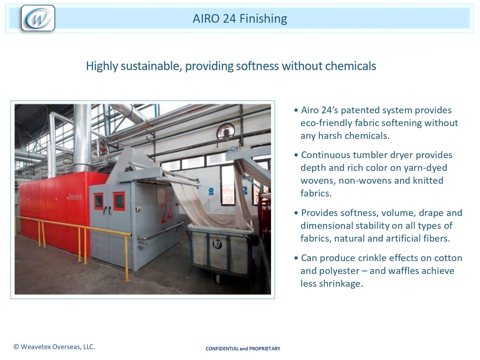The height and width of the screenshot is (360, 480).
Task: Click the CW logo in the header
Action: [x=38, y=18]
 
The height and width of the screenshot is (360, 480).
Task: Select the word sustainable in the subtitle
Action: [x=151, y=66]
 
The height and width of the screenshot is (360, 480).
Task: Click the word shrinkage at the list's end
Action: [x=341, y=284]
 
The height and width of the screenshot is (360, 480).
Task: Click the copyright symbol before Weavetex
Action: [x=16, y=347]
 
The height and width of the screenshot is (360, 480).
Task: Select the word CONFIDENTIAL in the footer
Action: [x=222, y=349]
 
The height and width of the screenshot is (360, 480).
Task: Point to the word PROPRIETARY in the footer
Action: [x=265, y=349]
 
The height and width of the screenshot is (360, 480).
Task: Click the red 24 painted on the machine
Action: [x=167, y=213]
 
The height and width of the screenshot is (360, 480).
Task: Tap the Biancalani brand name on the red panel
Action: [x=74, y=196]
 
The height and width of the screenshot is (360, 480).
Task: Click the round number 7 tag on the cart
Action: [x=217, y=244]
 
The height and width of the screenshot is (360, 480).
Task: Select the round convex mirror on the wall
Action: [x=226, y=132]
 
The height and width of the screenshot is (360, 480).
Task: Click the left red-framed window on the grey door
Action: [x=99, y=201]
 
